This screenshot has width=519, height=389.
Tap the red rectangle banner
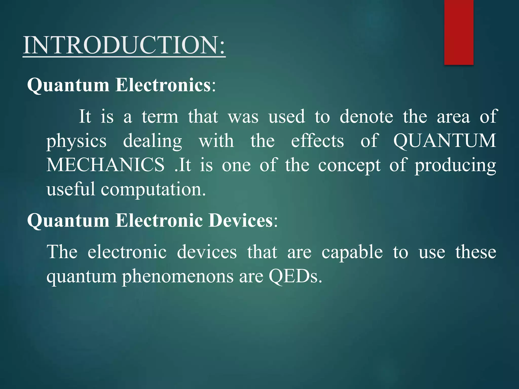pyautogui.click(x=459, y=32)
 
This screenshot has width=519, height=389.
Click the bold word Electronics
pyautogui.click(x=163, y=85)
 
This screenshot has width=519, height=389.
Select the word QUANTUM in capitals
pyautogui.click(x=445, y=141)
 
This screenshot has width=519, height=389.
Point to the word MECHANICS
pyautogui.click(x=105, y=165)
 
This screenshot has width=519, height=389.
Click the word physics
pyautogui.click(x=76, y=141)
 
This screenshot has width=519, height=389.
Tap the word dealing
pyautogui.click(x=153, y=141)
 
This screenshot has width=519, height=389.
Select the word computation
pyautogui.click(x=153, y=189)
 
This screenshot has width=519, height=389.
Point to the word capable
pyautogui.click(x=352, y=252)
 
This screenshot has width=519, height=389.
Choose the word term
pyautogui.click(x=160, y=116)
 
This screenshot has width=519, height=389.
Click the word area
pyautogui.click(x=453, y=117)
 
